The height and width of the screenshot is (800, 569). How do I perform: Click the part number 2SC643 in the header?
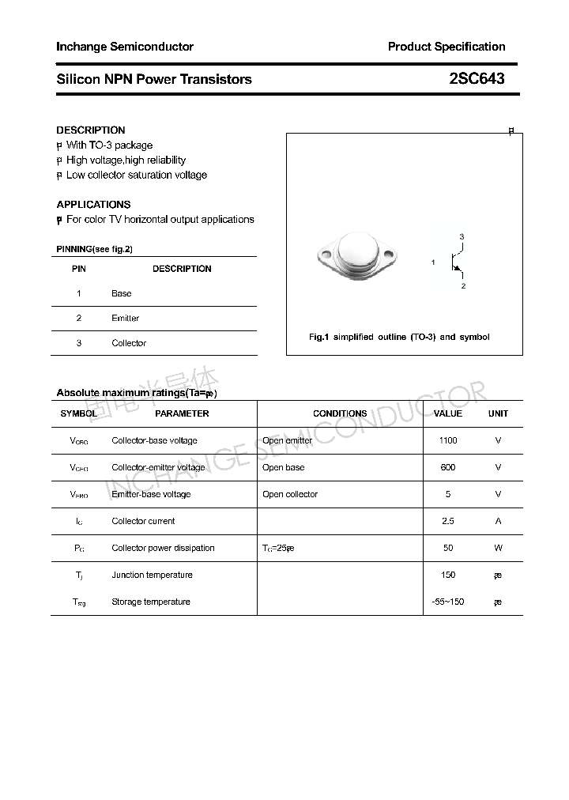476,79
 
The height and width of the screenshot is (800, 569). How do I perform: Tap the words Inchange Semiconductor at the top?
125,47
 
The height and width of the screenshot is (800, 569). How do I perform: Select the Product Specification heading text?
446,47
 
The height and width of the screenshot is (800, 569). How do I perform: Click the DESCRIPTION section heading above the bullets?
91,130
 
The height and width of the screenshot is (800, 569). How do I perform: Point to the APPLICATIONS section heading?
93,204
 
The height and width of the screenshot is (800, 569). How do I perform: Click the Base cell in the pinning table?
122,293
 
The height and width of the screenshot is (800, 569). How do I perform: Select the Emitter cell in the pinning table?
125,318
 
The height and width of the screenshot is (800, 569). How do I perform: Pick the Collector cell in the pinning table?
129,343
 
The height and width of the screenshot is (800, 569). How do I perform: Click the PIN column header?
79,269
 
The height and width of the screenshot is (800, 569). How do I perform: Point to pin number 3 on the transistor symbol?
462,237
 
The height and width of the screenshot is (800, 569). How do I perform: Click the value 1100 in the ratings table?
448,440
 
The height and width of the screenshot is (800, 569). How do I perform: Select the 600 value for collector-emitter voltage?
448,467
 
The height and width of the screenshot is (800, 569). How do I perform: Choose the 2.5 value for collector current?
448,521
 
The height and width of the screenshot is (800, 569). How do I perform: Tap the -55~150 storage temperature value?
448,602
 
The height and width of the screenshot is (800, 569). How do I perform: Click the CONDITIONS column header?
340,413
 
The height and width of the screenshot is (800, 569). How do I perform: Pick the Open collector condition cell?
290,494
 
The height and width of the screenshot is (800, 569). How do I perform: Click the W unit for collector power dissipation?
498,548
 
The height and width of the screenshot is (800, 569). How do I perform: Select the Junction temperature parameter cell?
152,575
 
